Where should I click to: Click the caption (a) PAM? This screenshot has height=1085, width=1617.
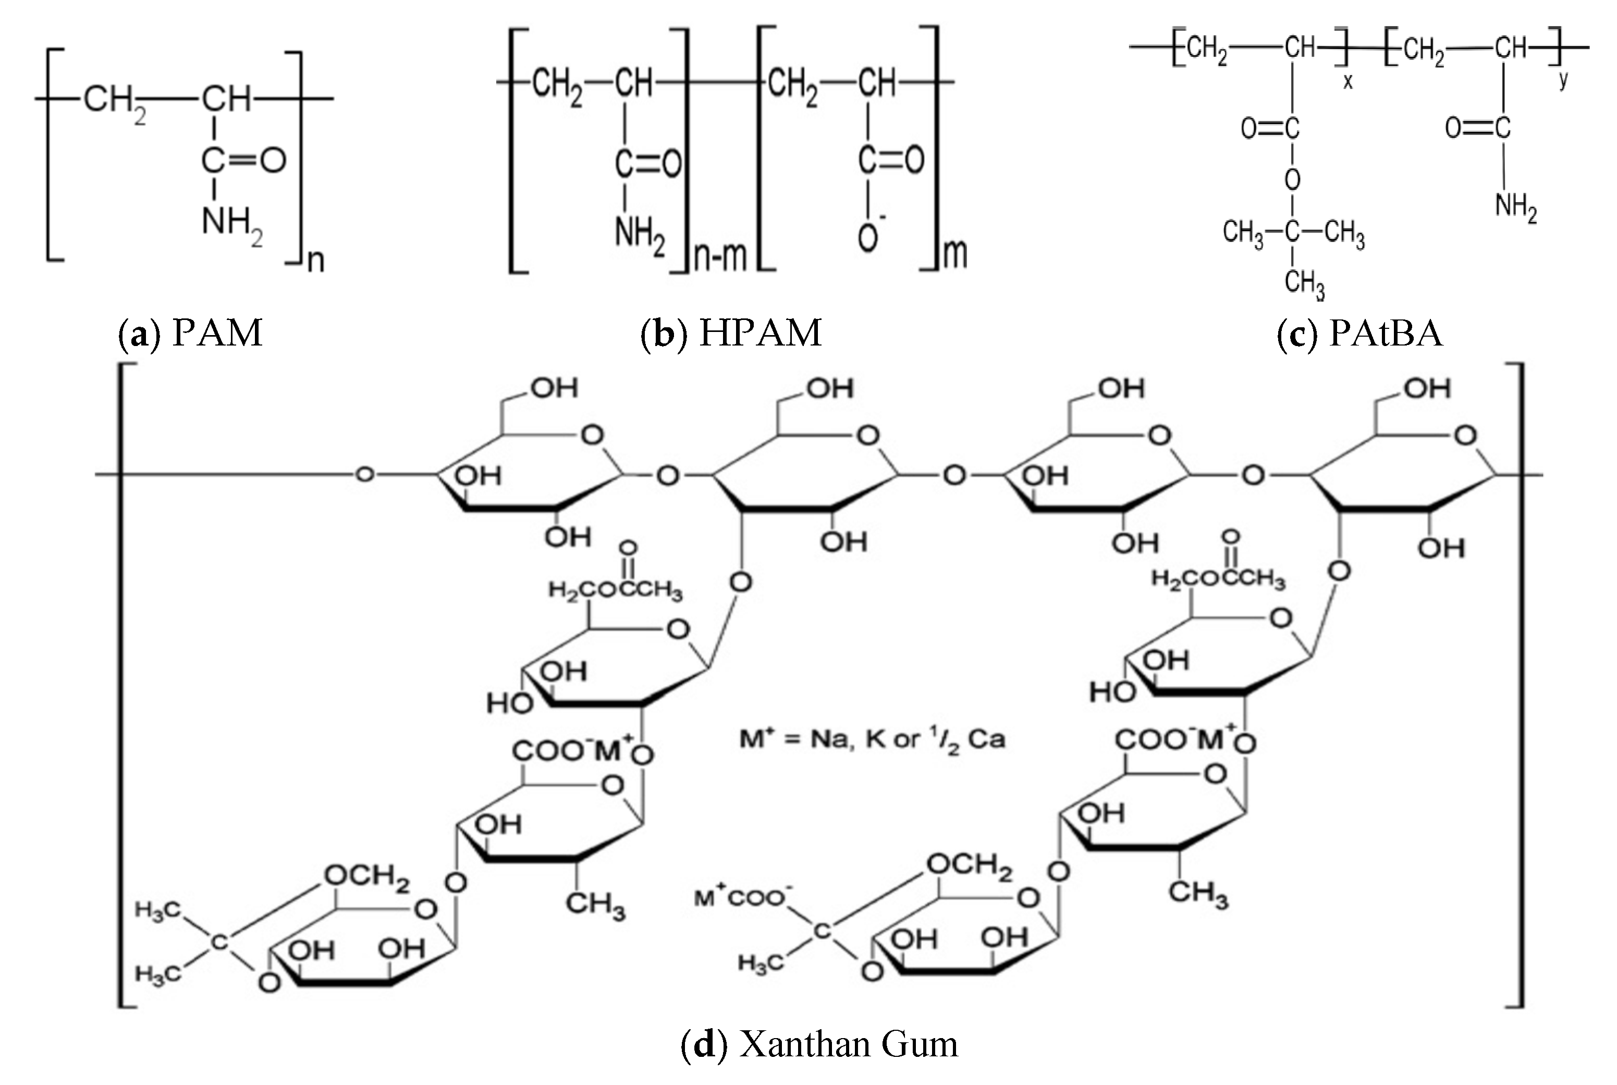point(191,333)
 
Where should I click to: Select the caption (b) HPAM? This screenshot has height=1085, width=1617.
point(731,333)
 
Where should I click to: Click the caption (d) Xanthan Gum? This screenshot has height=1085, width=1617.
point(819,1044)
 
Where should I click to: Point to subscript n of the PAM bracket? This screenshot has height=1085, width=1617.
point(316,262)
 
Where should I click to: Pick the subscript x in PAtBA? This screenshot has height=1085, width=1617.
point(1347,82)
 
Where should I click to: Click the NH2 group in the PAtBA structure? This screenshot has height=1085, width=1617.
point(1515,206)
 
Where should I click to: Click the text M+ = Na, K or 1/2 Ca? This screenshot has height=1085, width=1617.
point(872,739)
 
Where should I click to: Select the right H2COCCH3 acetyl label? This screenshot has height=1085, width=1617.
point(1218,579)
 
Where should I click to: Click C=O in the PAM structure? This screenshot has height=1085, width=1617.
point(243,161)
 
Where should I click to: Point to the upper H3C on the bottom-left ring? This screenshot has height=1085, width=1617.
point(158,910)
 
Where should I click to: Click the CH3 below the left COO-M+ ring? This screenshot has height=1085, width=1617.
point(595,904)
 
